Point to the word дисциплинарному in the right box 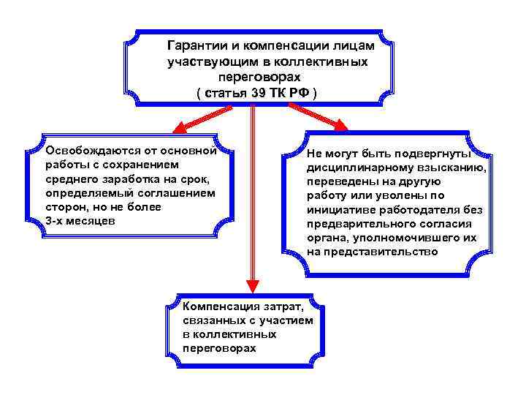(x=356, y=168)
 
